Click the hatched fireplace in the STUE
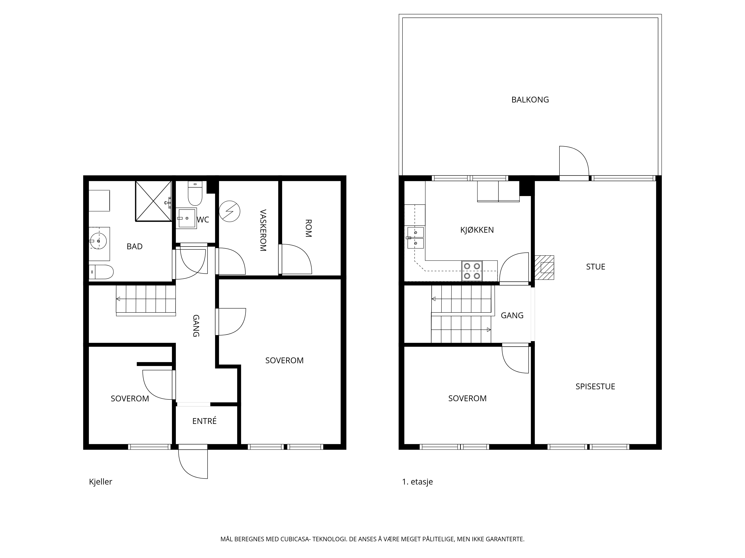click(x=544, y=267)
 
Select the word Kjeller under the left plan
click(x=100, y=482)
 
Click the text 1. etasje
click(x=417, y=482)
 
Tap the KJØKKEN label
click(x=477, y=230)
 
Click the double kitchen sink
click(x=416, y=238)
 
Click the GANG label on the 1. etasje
click(x=512, y=315)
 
